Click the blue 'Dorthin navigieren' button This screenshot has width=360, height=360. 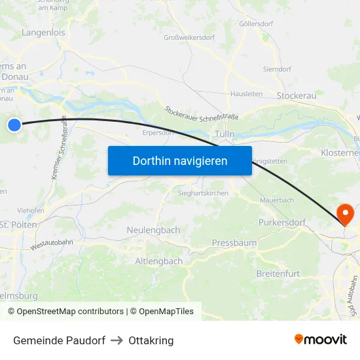(x=179, y=160)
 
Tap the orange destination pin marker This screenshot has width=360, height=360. (x=343, y=213)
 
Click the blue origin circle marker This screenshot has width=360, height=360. (x=14, y=124)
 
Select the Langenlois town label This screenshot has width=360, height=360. (x=43, y=31)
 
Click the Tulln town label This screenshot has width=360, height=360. (x=225, y=134)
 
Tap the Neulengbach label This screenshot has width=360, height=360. (x=153, y=230)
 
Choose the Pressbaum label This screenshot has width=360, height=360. (x=234, y=243)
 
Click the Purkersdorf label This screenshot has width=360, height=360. (x=282, y=223)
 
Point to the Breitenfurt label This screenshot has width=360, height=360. (x=279, y=273)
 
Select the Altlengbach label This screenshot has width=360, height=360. (x=158, y=261)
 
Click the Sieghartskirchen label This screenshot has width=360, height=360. (x=204, y=194)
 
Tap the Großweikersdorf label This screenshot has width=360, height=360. (x=189, y=37)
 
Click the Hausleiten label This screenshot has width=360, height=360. (x=246, y=94)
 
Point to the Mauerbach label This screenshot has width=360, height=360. (x=276, y=200)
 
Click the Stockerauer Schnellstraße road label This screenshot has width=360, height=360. (x=202, y=113)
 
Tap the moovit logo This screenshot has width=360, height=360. (x=320, y=339)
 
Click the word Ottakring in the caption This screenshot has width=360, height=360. (x=151, y=340)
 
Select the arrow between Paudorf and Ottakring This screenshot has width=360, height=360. (x=117, y=340)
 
